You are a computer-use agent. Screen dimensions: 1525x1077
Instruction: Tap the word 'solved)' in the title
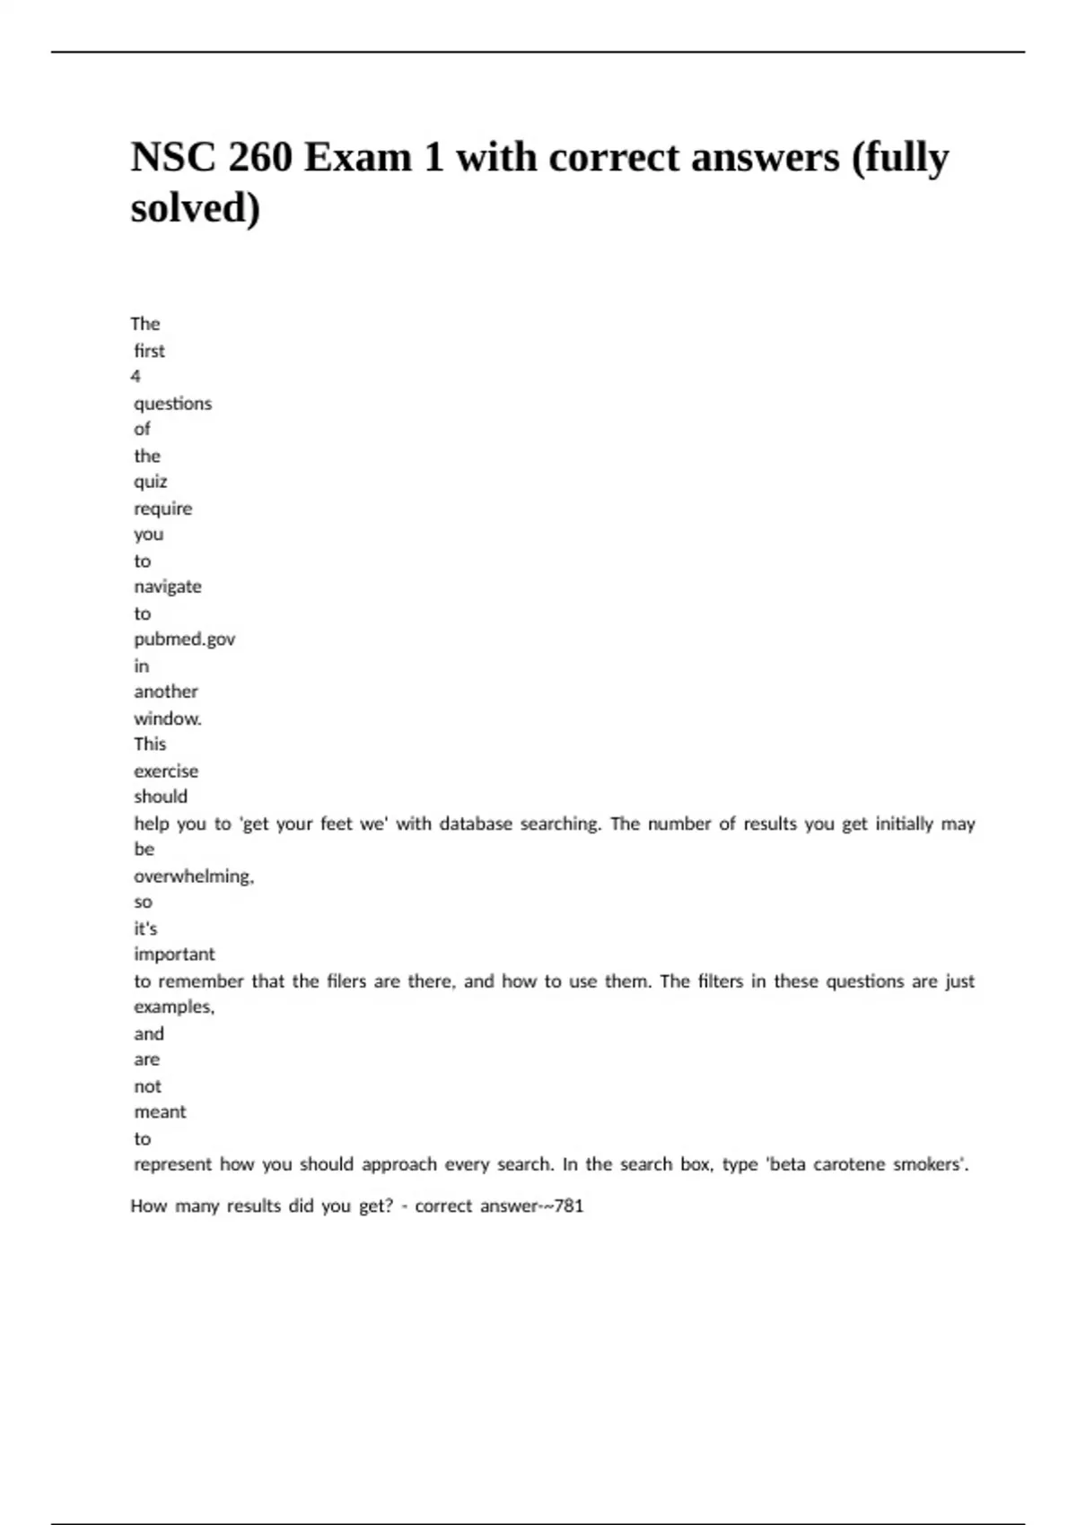tap(196, 208)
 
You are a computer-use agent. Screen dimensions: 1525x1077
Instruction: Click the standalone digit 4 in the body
tap(136, 377)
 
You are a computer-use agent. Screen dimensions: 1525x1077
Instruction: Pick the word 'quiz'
tap(151, 482)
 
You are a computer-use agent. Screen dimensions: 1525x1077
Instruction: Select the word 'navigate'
tap(168, 587)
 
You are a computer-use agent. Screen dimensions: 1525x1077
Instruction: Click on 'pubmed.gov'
tap(184, 640)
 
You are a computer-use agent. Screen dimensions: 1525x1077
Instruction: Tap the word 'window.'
tap(168, 719)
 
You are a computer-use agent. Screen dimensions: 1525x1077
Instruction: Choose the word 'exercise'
tap(166, 771)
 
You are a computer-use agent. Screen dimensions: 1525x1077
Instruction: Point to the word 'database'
tap(475, 823)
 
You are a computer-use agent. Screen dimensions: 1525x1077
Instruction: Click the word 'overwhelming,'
tap(194, 876)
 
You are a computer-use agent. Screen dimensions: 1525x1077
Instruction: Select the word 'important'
tap(174, 954)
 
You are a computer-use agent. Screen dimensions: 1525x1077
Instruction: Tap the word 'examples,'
tap(174, 1007)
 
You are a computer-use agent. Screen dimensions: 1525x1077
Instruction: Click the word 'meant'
tap(160, 1112)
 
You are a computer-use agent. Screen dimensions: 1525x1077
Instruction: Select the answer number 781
tap(569, 1207)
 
